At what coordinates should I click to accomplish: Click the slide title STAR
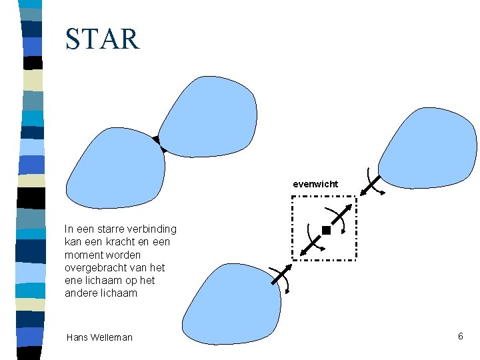tap(103, 39)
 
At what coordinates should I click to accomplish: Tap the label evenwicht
tap(315, 183)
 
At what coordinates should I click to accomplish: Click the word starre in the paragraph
tap(113, 229)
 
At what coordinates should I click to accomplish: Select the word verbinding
tap(154, 229)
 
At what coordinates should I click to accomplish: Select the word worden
tap(121, 255)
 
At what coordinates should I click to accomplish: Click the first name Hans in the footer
tap(77, 337)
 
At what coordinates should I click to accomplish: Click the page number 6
tap(460, 336)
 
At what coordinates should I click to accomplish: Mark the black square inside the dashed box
tap(325, 231)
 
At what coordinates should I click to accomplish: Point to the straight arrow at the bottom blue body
tap(279, 275)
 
